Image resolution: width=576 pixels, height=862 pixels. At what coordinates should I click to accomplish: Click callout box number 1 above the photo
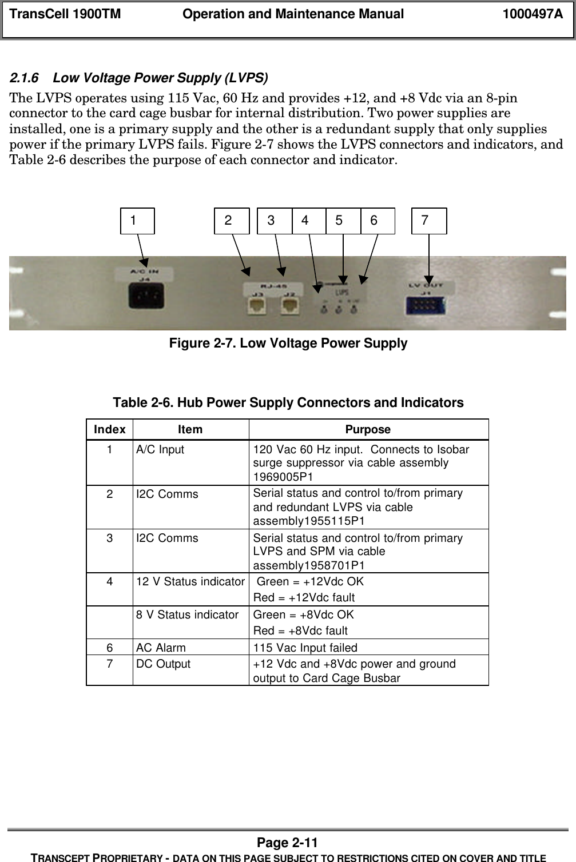click(137, 221)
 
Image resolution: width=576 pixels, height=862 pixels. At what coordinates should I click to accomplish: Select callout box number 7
click(429, 221)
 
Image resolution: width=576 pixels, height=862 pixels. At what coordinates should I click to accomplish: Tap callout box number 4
click(309, 221)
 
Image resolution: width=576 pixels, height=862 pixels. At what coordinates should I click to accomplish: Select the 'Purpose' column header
click(368, 429)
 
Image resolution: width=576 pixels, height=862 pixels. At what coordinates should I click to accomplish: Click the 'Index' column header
click(110, 429)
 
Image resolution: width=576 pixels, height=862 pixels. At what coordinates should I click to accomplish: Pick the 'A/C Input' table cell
click(160, 450)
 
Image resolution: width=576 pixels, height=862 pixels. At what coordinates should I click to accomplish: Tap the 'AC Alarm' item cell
click(161, 648)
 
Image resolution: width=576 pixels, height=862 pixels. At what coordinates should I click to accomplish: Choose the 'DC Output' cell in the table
click(164, 664)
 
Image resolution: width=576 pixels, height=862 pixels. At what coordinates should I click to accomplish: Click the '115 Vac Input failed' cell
click(305, 648)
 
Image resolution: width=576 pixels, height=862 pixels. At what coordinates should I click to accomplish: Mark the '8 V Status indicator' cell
click(187, 615)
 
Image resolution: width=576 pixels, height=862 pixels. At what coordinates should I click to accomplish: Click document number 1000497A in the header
click(532, 14)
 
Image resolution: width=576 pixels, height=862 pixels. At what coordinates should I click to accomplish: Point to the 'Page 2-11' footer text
click(288, 843)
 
